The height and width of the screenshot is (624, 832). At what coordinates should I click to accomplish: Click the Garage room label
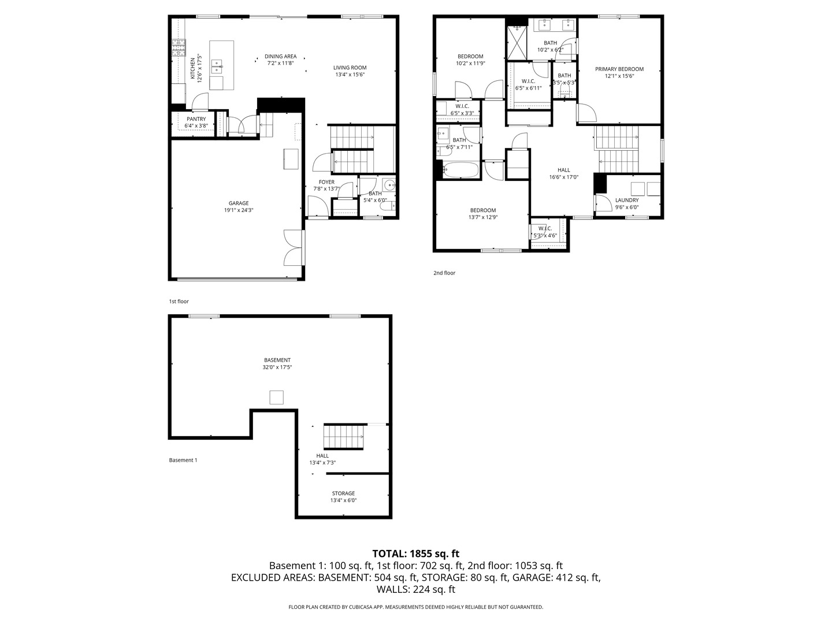click(239, 203)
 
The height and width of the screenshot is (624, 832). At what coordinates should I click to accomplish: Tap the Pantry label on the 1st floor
click(196, 119)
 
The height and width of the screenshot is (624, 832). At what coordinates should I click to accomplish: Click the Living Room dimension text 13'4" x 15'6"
click(350, 75)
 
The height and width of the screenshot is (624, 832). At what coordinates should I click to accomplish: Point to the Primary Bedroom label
click(619, 69)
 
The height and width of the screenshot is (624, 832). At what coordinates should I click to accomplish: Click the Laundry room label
click(627, 200)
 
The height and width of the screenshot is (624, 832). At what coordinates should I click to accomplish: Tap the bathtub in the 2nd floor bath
click(460, 169)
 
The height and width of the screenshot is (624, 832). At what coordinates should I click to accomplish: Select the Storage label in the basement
click(343, 493)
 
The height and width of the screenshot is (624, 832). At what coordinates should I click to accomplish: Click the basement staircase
click(343, 436)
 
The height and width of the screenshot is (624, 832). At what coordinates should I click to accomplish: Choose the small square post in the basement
click(276, 398)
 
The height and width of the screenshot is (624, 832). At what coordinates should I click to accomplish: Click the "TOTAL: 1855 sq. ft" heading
click(416, 554)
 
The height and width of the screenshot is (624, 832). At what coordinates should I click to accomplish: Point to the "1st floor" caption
click(179, 302)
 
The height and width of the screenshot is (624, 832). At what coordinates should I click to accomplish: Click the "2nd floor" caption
click(444, 273)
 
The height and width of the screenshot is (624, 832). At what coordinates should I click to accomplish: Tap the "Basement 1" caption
click(183, 460)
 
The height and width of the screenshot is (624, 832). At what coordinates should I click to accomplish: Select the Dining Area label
click(280, 57)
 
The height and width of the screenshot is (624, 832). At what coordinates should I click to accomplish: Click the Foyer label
click(326, 182)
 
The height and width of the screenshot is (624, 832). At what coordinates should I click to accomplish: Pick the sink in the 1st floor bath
click(389, 185)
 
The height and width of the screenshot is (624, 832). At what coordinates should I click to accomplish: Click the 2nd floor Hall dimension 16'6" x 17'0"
click(564, 177)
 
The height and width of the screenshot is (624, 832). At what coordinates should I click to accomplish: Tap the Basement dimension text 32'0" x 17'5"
click(277, 367)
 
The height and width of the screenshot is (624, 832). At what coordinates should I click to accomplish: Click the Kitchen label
click(192, 68)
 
